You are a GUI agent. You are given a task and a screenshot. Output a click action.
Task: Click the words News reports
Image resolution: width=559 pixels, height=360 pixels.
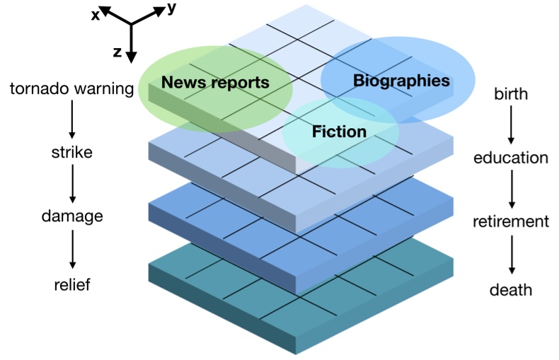pyautogui.click(x=215, y=83)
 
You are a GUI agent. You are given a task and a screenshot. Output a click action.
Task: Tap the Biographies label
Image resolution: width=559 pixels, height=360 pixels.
pyautogui.click(x=401, y=81)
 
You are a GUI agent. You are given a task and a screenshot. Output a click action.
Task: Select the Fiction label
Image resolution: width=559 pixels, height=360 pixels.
pyautogui.click(x=339, y=132)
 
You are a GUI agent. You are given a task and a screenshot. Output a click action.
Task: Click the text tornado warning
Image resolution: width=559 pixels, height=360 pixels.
pyautogui.click(x=71, y=89)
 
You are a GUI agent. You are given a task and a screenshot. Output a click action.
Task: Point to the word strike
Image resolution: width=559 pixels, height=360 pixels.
pyautogui.click(x=71, y=152)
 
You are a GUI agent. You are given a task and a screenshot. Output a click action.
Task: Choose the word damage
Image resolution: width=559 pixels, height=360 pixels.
pyautogui.click(x=71, y=216)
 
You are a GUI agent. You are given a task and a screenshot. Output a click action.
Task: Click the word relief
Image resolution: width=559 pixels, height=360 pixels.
pyautogui.click(x=71, y=284)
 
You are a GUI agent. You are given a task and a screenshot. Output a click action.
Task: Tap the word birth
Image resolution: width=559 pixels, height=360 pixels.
pyautogui.click(x=511, y=94)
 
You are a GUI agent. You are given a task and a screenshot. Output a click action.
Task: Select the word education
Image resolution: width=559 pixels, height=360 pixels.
pyautogui.click(x=511, y=158)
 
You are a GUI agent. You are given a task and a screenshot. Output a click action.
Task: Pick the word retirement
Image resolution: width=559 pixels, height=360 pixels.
pyautogui.click(x=511, y=221)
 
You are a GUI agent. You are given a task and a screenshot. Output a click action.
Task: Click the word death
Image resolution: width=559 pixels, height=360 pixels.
pyautogui.click(x=511, y=290)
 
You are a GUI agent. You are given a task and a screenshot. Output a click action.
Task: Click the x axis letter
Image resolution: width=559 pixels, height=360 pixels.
pyautogui.click(x=95, y=15)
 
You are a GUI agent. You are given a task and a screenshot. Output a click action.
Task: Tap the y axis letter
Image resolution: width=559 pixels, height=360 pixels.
pyautogui.click(x=172, y=8)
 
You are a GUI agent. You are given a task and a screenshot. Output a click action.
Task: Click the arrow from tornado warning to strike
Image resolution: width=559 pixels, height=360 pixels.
pyautogui.click(x=71, y=120)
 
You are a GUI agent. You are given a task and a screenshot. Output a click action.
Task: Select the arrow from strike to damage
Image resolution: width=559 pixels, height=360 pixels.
pyautogui.click(x=71, y=184)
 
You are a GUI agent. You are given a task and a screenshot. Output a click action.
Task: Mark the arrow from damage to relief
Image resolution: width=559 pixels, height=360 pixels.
pyautogui.click(x=71, y=250)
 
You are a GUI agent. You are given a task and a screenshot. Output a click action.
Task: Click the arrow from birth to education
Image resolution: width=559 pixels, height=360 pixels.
pyautogui.click(x=511, y=126)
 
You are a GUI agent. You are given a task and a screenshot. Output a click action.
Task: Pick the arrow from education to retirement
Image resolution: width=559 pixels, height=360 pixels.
pyautogui.click(x=511, y=189)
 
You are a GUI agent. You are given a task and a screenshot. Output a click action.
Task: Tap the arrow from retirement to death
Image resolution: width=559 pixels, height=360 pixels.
pyautogui.click(x=511, y=256)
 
